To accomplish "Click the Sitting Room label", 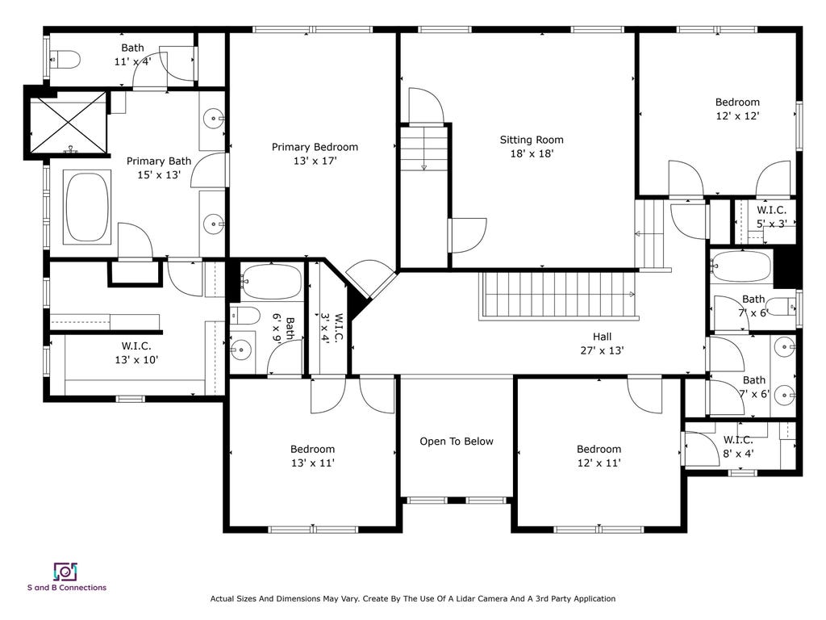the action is click(x=532, y=140).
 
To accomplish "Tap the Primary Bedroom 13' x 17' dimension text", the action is click(x=315, y=161).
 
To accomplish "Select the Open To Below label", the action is click(x=457, y=442).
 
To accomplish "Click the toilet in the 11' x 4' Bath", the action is click(x=65, y=60).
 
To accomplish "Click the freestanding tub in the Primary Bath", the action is click(x=87, y=207).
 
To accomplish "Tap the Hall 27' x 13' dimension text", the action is click(x=602, y=350).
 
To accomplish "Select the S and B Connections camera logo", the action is click(x=65, y=572).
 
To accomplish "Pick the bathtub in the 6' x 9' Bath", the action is click(x=271, y=282).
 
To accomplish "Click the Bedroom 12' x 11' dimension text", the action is click(x=599, y=463).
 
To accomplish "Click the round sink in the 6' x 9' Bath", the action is click(x=241, y=350).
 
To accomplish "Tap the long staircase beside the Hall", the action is click(x=559, y=295).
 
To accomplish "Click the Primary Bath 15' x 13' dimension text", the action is click(x=159, y=174).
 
